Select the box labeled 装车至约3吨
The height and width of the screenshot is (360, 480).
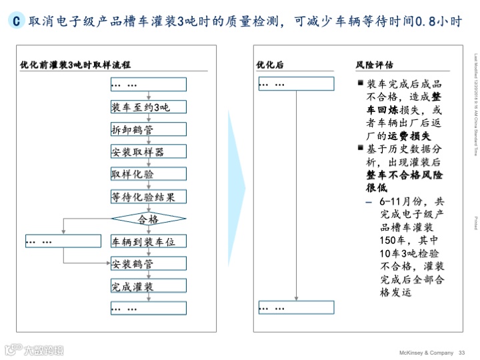click(x=149, y=107)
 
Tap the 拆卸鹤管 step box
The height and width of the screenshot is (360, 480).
click(x=149, y=129)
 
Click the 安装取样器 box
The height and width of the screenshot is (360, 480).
click(x=149, y=152)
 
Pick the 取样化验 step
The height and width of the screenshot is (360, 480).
click(x=149, y=174)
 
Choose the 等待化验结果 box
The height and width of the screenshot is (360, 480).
click(x=149, y=197)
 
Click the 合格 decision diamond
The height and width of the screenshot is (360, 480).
click(x=149, y=219)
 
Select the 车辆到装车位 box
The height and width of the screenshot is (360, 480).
click(x=149, y=241)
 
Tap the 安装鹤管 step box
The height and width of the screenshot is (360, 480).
click(x=149, y=263)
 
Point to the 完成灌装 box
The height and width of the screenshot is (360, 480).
click(x=149, y=286)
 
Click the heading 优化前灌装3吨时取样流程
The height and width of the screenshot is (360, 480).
click(x=75, y=65)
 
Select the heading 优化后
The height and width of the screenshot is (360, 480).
click(x=270, y=65)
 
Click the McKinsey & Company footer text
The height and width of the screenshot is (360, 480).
click(x=421, y=353)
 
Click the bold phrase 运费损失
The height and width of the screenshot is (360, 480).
click(x=411, y=135)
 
